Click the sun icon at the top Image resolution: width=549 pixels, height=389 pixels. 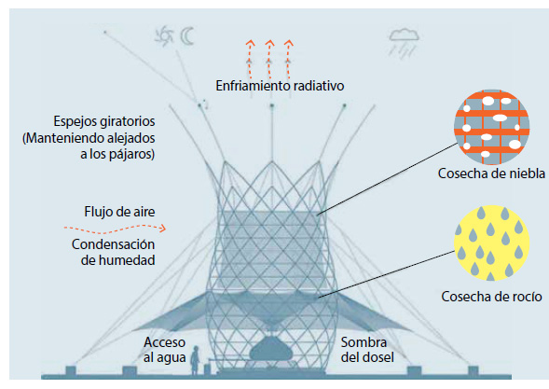(x=163, y=36)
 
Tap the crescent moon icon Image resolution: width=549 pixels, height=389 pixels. (x=186, y=36)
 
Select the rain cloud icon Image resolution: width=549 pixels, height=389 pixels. (x=404, y=43)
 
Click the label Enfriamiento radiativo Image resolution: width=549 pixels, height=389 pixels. (x=280, y=86)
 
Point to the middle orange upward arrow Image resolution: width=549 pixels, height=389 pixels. (x=269, y=59)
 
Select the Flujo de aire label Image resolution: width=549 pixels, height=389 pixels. (x=119, y=212)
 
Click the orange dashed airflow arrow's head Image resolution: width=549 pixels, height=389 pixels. (x=162, y=229)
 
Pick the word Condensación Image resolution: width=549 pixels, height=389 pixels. (x=113, y=244)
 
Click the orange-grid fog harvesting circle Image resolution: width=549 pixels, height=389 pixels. (x=491, y=127)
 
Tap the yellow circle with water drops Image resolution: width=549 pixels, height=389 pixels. (x=491, y=243)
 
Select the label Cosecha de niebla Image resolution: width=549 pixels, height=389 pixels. (x=491, y=174)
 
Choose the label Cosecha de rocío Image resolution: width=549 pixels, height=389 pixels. (x=491, y=297)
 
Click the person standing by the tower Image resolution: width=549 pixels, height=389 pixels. (x=195, y=360)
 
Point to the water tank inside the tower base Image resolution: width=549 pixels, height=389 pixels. (x=270, y=349)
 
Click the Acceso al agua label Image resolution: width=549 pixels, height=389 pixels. (x=164, y=350)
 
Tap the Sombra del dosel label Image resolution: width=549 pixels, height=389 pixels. (x=367, y=350)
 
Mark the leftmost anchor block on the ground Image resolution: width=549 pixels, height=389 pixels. (x=71, y=370)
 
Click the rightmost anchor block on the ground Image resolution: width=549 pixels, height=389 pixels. (x=473, y=370)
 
